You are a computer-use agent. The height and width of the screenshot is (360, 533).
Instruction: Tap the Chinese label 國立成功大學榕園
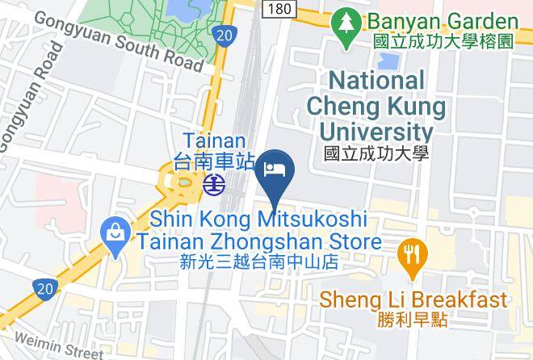[443, 41]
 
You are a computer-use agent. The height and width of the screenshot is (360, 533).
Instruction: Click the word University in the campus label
[376, 132]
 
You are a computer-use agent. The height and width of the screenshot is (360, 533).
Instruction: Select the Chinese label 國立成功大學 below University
[375, 153]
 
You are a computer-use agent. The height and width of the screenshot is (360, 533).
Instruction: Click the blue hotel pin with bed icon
[274, 170]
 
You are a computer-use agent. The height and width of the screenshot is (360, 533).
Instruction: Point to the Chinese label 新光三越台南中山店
[258, 262]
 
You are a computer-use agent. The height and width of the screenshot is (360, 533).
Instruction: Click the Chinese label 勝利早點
[413, 320]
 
